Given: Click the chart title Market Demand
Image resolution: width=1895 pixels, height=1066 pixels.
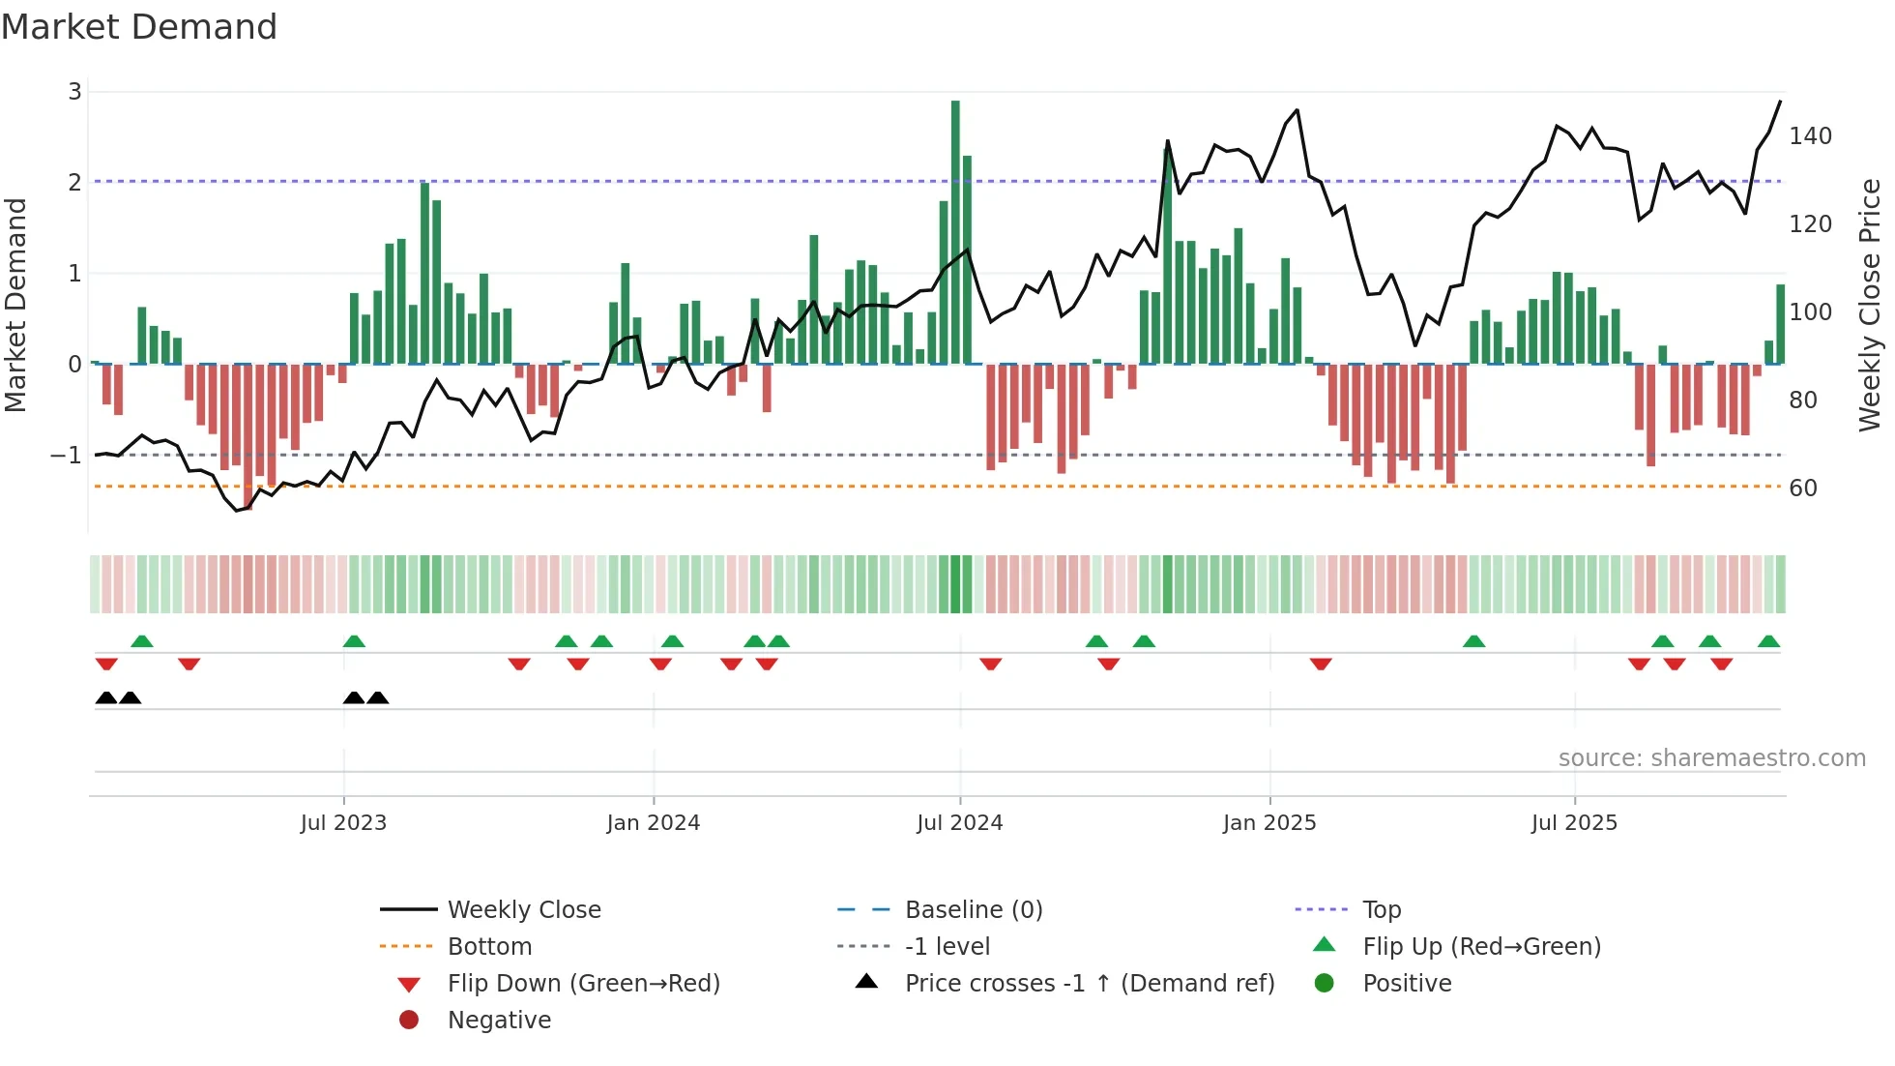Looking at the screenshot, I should tap(139, 27).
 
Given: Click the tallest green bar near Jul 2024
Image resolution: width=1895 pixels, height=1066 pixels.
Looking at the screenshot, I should tap(955, 232).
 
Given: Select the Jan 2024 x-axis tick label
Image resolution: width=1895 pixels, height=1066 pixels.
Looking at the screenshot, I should tap(653, 823).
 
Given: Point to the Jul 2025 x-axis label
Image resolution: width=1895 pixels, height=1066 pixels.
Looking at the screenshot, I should tap(1573, 823).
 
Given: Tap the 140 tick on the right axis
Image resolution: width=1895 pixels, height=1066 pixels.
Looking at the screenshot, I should tap(1810, 136).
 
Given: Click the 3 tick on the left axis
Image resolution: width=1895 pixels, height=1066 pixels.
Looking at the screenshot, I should tap(75, 92).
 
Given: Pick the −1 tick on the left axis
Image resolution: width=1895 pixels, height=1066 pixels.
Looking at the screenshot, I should tap(67, 455).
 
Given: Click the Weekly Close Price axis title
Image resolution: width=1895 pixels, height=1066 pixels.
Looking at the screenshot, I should tap(1870, 305).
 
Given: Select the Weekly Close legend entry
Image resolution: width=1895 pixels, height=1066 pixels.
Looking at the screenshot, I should tap(523, 910).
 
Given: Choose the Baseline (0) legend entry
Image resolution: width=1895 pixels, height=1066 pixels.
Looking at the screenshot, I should tap(973, 910).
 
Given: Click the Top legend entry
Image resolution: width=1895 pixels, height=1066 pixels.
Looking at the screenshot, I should tap(1381, 910).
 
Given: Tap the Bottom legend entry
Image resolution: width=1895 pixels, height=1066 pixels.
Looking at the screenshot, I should tap(489, 947).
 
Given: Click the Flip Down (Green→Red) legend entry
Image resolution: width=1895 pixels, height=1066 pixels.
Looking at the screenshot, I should tap(583, 984).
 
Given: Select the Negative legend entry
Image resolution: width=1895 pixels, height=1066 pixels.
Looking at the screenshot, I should tap(499, 1021).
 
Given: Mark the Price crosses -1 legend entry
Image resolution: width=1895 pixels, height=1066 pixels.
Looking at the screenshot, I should tap(1089, 984).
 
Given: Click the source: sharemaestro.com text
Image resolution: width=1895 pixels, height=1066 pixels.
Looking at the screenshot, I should tap(1711, 758).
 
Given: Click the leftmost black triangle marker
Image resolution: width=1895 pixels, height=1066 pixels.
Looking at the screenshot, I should tap(106, 698).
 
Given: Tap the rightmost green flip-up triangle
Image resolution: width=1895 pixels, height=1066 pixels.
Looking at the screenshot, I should tap(1768, 641).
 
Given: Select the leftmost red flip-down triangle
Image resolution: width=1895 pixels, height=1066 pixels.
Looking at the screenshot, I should tap(106, 664).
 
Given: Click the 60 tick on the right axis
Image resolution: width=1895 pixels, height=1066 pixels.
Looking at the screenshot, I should tap(1802, 489).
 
